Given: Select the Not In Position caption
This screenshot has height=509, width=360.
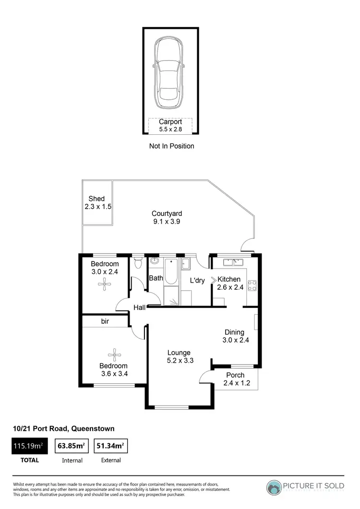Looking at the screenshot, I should tap(171, 146).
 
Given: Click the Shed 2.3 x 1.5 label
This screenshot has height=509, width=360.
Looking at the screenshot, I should tap(96, 202).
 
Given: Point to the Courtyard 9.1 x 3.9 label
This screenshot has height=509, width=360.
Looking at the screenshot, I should tap(167, 217).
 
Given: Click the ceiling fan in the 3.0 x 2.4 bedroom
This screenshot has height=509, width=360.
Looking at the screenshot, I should tap(104, 284).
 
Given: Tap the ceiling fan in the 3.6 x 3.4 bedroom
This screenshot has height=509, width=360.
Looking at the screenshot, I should tap(114, 355).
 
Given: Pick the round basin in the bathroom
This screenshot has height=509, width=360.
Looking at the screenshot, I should tap(155, 261).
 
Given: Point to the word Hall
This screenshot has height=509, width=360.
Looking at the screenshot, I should tap(140, 308).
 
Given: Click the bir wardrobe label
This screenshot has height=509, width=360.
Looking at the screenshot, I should tap(105, 321).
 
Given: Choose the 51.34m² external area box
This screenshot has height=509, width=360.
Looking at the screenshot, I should tap(110, 446).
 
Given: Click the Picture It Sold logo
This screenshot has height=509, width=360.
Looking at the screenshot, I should tap(305, 487).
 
